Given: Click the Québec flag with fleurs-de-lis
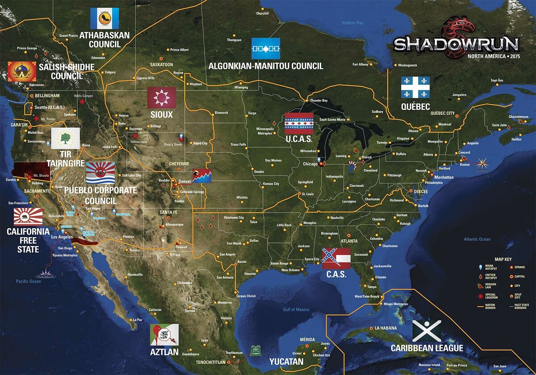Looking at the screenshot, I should [x=415, y=87].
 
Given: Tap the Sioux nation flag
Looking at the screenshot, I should [x=162, y=97].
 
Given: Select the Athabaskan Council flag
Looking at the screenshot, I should [x=105, y=18].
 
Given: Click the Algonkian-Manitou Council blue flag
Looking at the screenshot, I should [x=266, y=49].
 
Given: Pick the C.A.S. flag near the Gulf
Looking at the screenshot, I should [x=336, y=258].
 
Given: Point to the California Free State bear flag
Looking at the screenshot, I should [x=28, y=217].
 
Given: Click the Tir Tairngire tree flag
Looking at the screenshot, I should [x=66, y=138].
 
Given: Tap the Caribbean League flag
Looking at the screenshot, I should [x=427, y=331].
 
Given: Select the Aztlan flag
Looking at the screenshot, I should [x=164, y=335].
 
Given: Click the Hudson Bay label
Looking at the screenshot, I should [x=352, y=23].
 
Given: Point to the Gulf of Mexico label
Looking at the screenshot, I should [x=296, y=309].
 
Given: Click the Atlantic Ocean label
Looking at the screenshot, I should [x=477, y=239].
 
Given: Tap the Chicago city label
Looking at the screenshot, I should [x=310, y=164].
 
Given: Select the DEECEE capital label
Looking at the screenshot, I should [x=420, y=192].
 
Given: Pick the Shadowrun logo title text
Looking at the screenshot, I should [x=456, y=44].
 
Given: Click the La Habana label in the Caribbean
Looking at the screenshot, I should [x=385, y=328].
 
